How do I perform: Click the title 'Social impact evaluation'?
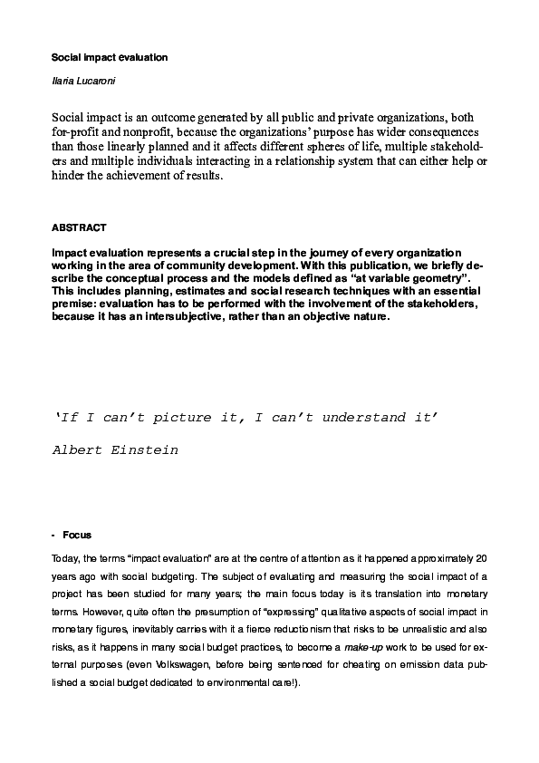tap(110, 57)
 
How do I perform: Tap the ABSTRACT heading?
tap(79, 226)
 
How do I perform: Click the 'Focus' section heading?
tap(78, 535)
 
